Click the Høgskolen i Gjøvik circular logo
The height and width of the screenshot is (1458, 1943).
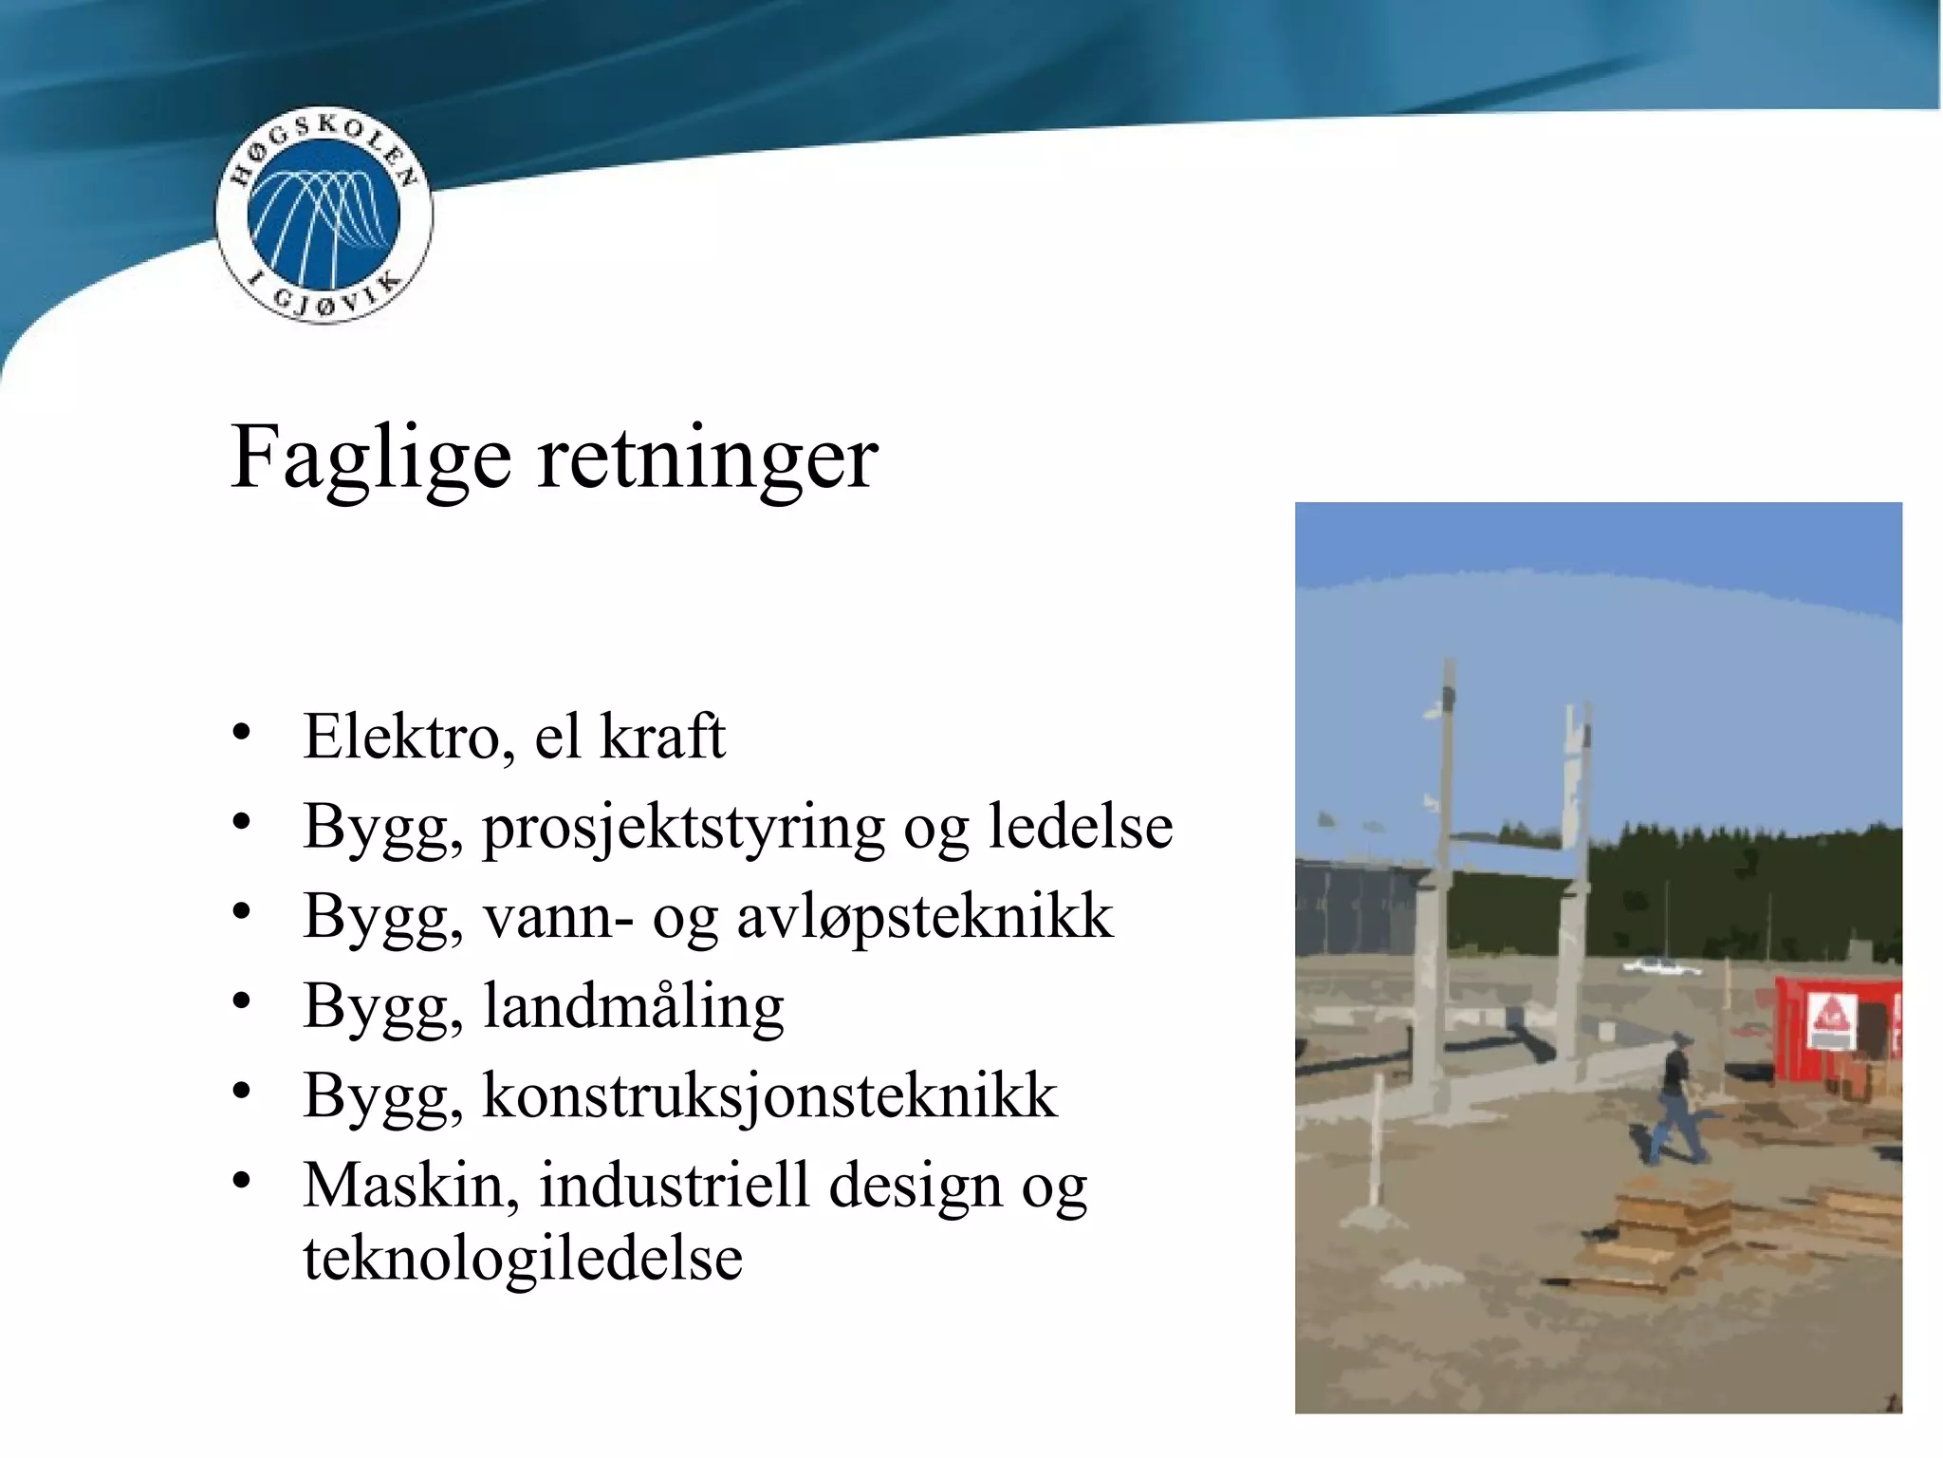(324, 215)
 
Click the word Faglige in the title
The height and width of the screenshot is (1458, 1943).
(371, 458)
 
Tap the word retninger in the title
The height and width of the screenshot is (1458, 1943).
(708, 458)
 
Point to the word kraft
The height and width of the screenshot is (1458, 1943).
(662, 737)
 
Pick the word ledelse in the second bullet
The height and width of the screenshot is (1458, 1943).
(1081, 826)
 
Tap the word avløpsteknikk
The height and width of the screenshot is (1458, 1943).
(924, 917)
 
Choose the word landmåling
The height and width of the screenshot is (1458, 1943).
(634, 1006)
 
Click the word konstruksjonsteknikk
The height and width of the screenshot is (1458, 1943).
(769, 1096)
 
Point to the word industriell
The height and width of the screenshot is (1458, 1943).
(675, 1186)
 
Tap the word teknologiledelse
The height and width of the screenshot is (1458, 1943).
(523, 1259)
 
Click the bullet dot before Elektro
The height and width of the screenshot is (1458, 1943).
(242, 732)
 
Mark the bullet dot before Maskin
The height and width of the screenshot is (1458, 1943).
(242, 1181)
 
